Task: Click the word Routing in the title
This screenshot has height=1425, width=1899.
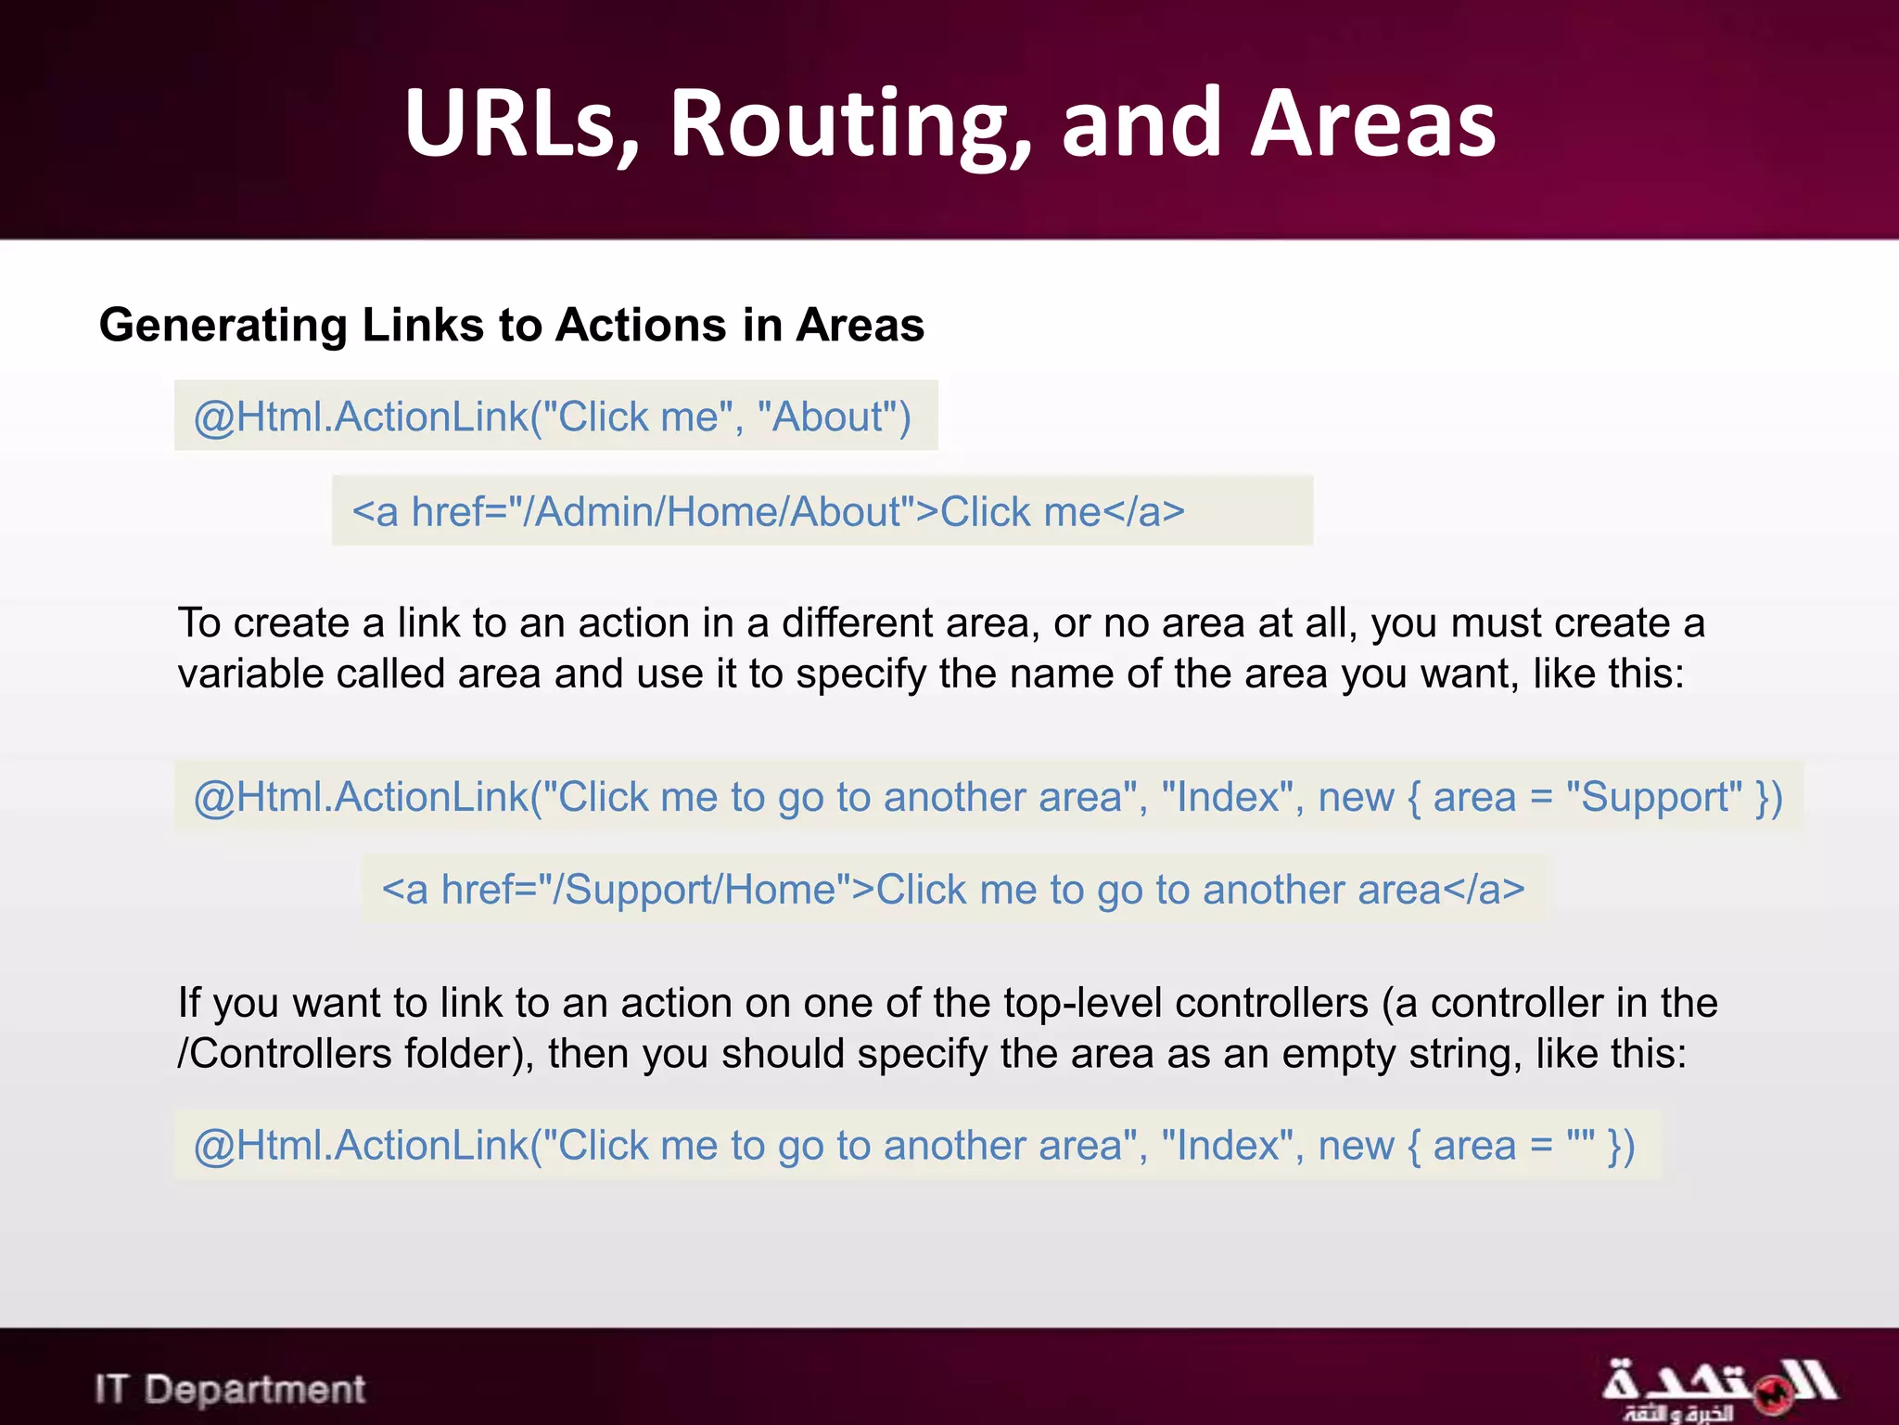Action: coord(850,124)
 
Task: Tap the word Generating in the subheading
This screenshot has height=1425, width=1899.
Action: coord(223,327)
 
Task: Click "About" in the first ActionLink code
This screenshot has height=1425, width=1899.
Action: coord(827,417)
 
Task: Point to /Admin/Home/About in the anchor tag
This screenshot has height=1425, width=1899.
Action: coord(720,511)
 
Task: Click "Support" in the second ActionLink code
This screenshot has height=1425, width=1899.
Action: coord(1654,797)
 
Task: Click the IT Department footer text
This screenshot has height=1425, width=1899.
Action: coord(230,1389)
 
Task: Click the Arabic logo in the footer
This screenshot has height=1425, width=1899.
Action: coord(1720,1389)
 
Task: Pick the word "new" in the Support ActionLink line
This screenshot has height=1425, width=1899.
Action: coord(1357,797)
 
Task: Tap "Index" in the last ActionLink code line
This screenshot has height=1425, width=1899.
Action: coord(1227,1145)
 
